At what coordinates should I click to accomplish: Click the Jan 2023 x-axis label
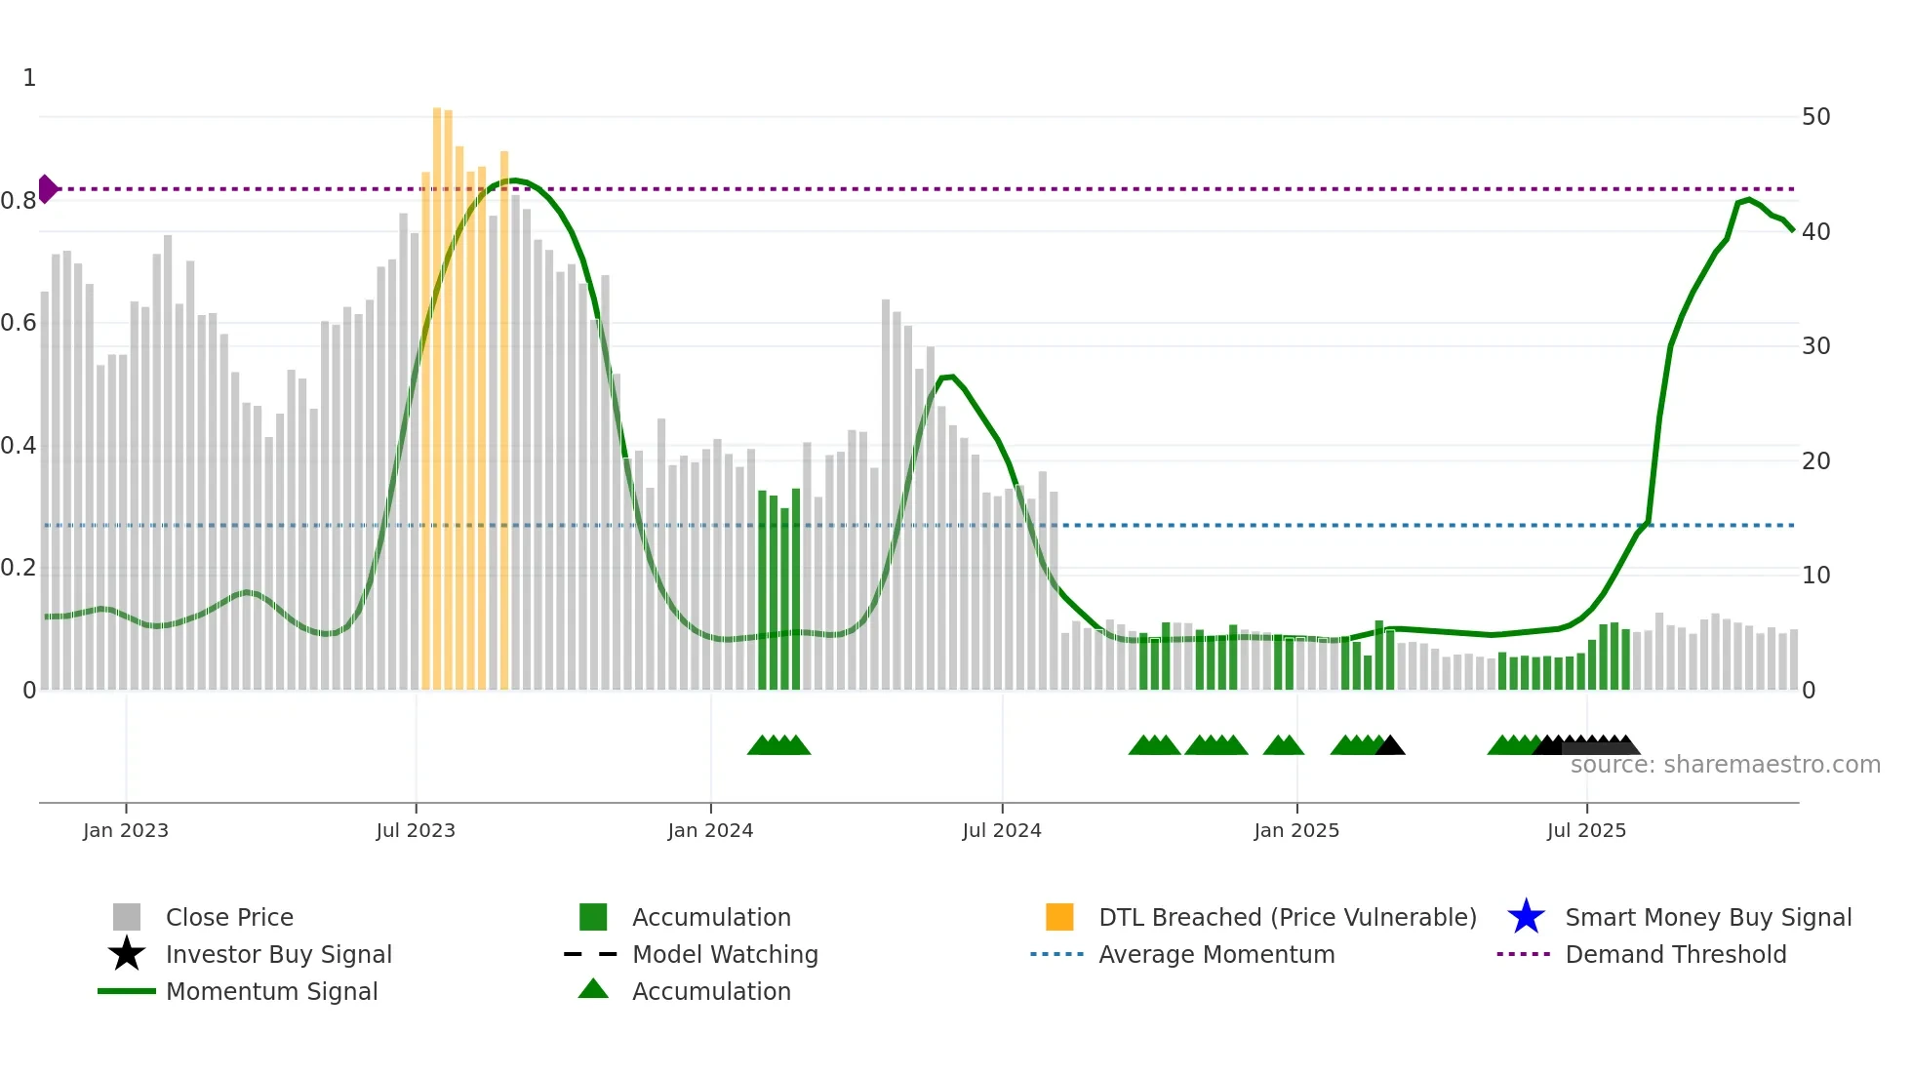click(x=125, y=830)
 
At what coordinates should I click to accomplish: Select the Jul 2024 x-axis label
click(x=1001, y=830)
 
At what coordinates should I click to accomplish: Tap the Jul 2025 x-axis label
click(x=1586, y=830)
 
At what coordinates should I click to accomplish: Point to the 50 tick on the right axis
click(x=1815, y=117)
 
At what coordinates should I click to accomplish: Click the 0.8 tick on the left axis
click(x=19, y=201)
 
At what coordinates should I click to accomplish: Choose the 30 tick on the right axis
click(x=1815, y=346)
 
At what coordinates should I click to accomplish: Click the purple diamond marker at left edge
click(x=47, y=189)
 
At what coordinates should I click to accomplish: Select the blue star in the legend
click(x=1526, y=917)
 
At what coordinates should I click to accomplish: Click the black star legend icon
click(x=127, y=954)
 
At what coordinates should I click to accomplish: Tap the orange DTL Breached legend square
click(x=1059, y=917)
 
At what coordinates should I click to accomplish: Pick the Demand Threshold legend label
click(x=1675, y=954)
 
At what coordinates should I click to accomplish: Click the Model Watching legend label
click(x=725, y=954)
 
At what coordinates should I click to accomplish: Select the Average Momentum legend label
click(x=1216, y=954)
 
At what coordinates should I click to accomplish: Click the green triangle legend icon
click(x=593, y=990)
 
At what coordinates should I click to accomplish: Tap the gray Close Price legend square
click(x=127, y=917)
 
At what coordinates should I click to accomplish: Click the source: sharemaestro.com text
click(x=1725, y=765)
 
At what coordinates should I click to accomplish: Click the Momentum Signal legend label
click(x=271, y=991)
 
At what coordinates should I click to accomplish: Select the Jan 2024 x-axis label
click(x=710, y=830)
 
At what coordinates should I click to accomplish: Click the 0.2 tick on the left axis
click(x=19, y=568)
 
